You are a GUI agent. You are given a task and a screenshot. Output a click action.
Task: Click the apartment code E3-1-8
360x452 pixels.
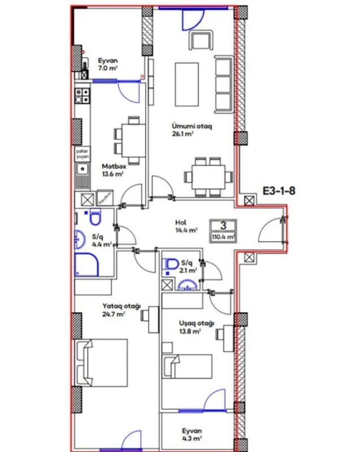pos(279,190)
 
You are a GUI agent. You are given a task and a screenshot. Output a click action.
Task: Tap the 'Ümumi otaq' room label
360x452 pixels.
pos(192,127)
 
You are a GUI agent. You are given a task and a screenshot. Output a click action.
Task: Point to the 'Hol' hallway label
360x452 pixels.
pos(181,223)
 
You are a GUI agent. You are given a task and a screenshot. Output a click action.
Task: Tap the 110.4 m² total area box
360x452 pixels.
pos(223,237)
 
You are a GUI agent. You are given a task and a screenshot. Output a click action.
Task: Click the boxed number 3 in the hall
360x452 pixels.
pos(223,225)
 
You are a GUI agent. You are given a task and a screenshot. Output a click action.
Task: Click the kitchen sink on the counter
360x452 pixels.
pos(83,168)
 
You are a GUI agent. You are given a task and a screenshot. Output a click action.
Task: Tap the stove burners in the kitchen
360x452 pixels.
pos(83,94)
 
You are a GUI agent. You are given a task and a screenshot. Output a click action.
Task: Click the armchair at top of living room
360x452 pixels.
pos(201,40)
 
